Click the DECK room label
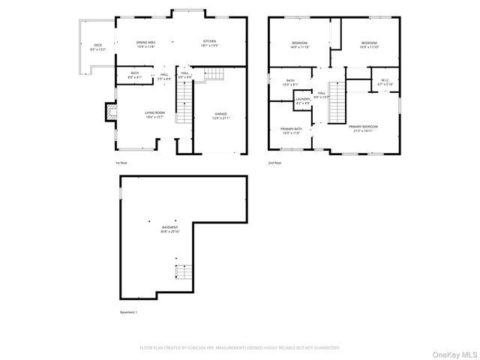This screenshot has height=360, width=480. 97,45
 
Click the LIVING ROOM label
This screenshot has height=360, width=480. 154,114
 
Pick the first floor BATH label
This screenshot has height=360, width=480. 135,73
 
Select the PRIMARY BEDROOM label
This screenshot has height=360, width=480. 363,127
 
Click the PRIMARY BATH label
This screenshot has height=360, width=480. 292,130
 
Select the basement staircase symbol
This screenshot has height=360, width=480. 181,272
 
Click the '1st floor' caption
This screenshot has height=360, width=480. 121,162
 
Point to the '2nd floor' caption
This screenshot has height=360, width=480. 274,162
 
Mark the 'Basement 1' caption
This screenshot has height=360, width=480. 129,312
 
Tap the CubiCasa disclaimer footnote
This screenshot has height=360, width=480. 240,348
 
